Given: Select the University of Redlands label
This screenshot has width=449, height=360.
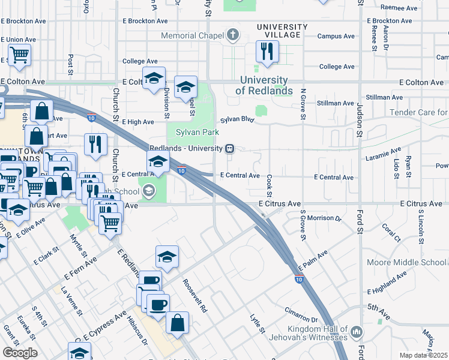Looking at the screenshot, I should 264,86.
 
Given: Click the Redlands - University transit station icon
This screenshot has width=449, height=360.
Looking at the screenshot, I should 229,149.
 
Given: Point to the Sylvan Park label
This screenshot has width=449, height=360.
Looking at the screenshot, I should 197,132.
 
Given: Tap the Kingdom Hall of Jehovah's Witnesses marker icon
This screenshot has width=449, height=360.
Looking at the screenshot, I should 357,331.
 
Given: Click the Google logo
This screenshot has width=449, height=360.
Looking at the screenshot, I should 20,352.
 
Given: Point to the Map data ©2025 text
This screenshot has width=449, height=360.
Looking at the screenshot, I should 423,355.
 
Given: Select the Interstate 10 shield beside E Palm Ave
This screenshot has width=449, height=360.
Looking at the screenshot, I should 299,279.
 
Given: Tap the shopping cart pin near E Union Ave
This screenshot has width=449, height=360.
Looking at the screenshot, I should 20,56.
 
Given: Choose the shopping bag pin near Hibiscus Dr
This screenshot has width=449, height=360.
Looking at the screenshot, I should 177,323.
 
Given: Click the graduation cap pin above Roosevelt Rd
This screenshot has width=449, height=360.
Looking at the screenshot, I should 167,257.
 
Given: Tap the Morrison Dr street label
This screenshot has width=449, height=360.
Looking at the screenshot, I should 327,218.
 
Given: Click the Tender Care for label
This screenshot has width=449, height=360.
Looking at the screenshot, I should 418,113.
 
